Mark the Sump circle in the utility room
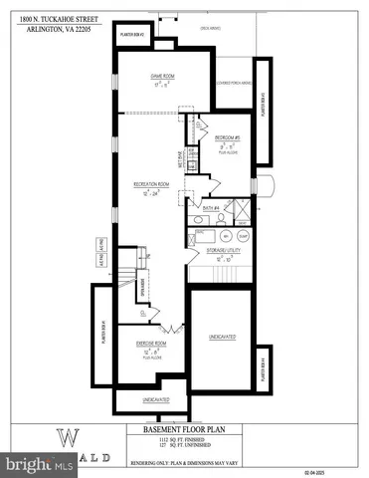pyautogui.click(x=242, y=236)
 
